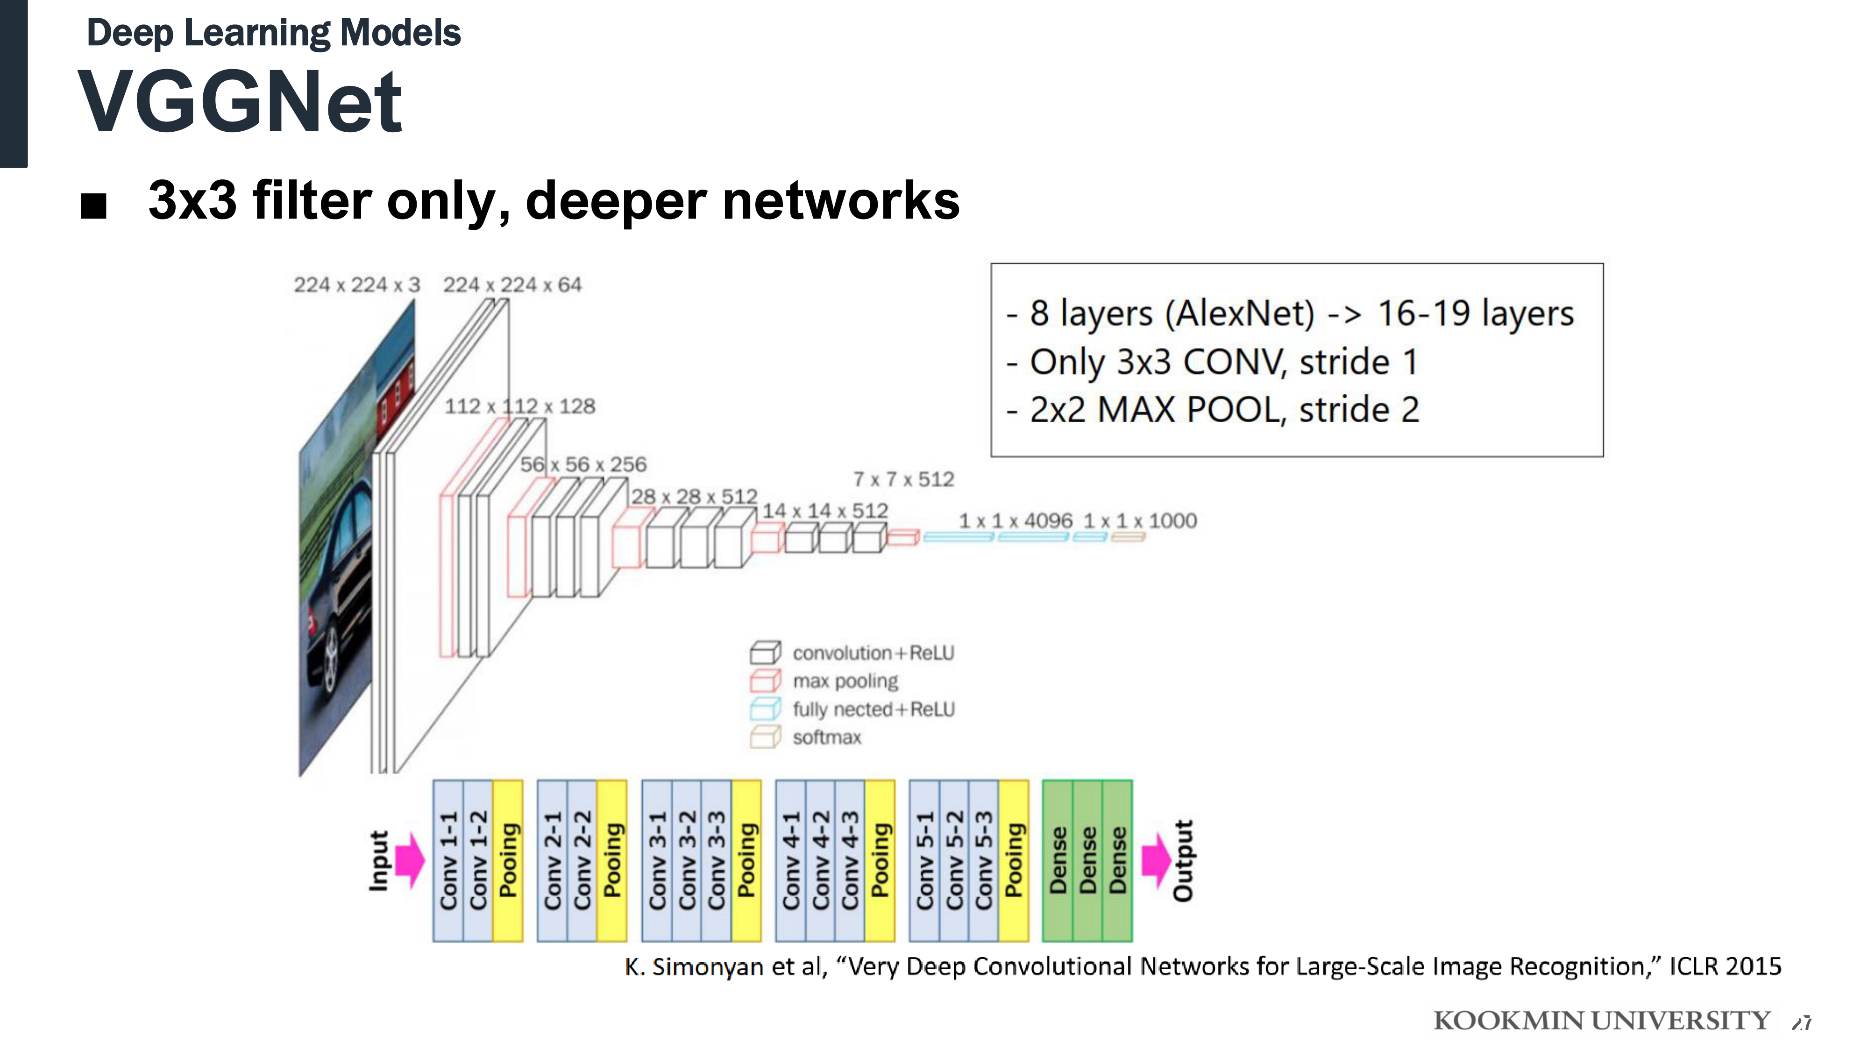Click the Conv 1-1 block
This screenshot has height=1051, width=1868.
448,860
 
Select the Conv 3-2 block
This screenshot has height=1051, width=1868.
687,860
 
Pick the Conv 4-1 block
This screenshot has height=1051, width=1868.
790,860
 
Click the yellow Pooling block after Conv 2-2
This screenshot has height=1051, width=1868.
612,860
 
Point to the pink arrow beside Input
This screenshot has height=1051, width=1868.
411,860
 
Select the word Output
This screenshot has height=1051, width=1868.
1184,860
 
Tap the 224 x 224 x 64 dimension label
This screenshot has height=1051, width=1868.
512,285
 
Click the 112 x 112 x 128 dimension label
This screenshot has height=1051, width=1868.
519,406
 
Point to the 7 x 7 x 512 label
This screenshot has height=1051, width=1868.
903,479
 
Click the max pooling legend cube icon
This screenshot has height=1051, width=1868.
765,681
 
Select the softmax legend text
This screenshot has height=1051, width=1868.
827,738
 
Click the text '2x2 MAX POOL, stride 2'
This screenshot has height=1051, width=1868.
1224,410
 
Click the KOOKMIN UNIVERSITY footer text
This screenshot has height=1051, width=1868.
1602,1021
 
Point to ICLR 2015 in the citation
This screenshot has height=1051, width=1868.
1725,967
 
